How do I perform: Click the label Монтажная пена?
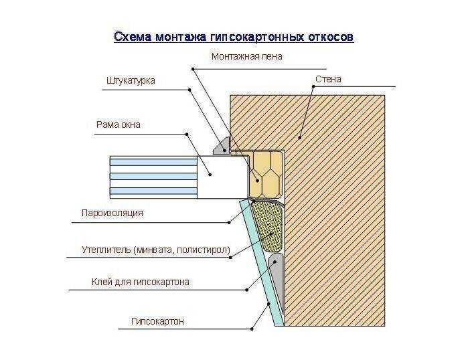pos(247,56)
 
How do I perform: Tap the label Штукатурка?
pos(131,80)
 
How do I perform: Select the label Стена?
pos(328,79)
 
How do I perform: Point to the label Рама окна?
pos(119,124)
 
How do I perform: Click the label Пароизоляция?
pos(112,213)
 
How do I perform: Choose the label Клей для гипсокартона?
pos(140,282)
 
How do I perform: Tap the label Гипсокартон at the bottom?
pos(157,321)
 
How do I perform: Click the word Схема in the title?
pos(133,37)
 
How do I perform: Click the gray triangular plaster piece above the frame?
pos(222,145)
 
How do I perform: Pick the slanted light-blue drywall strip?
pos(262,263)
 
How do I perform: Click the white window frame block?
pos(222,177)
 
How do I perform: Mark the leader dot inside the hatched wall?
pos(300,138)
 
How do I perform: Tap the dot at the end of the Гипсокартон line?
pos(252,329)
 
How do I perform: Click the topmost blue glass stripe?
pos(153,162)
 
